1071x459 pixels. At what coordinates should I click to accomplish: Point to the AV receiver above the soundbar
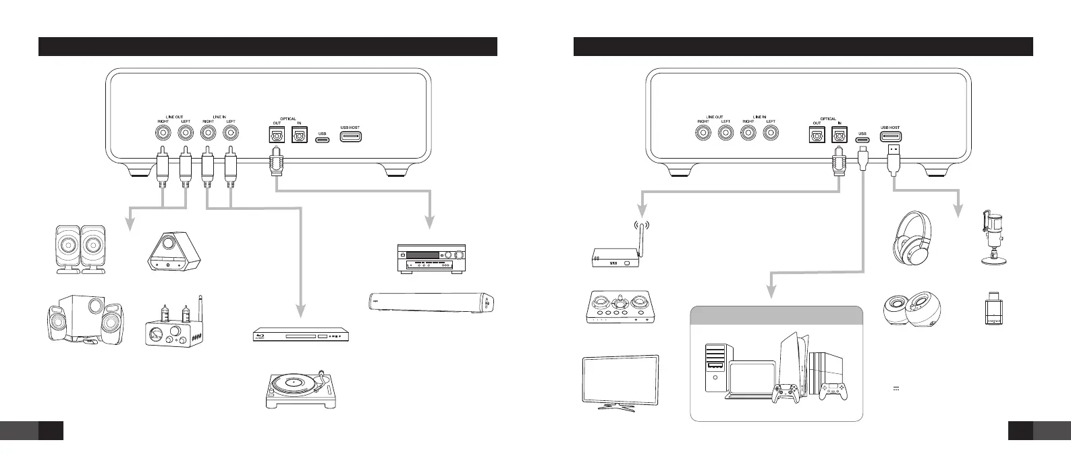429,257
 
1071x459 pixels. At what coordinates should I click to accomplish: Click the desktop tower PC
715,366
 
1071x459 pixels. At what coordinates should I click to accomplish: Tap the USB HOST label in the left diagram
350,128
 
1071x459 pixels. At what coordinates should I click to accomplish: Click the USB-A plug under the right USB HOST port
892,156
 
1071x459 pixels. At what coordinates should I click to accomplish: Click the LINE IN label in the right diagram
759,117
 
